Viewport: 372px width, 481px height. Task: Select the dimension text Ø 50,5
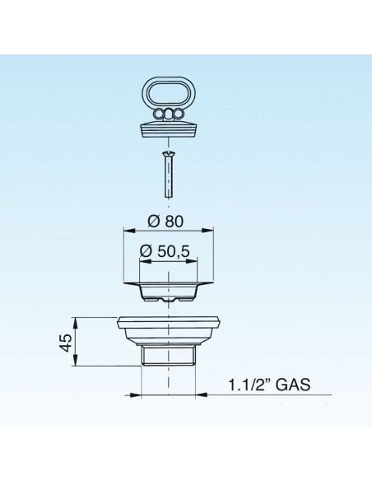(169, 251)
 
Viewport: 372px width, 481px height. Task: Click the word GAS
(295, 385)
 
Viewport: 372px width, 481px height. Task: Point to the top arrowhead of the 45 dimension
(76, 320)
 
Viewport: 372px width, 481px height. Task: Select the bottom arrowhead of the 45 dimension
(76, 365)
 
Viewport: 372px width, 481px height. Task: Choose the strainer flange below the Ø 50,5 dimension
(169, 289)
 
